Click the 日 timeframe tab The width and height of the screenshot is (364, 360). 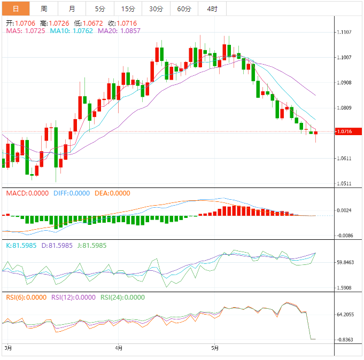coord(16,9)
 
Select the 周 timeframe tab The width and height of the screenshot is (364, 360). coord(44,9)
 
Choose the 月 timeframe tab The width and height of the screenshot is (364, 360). coord(72,9)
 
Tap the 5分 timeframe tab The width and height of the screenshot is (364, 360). coord(100,9)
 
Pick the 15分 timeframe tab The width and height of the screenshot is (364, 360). coord(128,9)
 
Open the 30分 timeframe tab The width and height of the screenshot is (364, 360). coord(156,9)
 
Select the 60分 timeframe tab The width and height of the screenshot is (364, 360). coord(184,9)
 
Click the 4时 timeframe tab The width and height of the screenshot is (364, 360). coord(212,9)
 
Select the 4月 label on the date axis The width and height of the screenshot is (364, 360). coord(118,348)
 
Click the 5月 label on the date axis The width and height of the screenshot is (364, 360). coord(214,348)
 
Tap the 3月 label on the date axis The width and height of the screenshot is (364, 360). coord(7,348)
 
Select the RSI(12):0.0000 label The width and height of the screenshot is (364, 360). coord(73,298)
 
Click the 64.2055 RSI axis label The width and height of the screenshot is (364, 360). coord(346,315)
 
